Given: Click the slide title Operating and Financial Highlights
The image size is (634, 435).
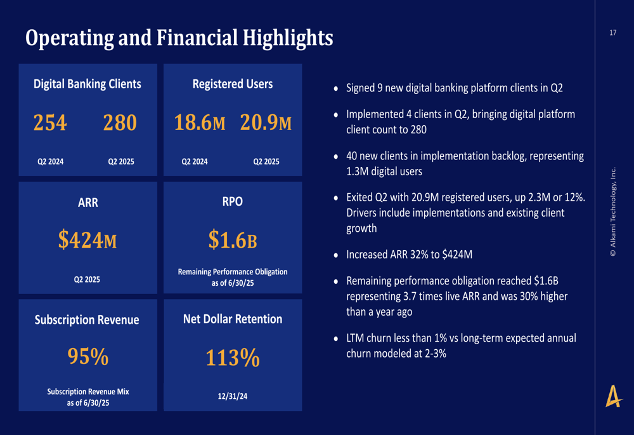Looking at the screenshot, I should [179, 38].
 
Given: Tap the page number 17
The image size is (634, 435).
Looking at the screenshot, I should [612, 32].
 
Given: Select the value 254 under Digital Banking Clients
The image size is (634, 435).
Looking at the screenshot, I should [50, 123].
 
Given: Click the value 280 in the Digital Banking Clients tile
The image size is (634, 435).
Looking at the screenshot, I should [120, 123].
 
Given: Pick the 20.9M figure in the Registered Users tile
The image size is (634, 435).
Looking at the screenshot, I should [266, 123].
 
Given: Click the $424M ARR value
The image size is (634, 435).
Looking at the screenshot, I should [87, 239].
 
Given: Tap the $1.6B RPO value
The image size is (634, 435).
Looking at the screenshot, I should [233, 239].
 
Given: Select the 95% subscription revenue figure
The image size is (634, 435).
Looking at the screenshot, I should [87, 357].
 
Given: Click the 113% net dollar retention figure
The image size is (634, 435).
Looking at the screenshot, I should [233, 358].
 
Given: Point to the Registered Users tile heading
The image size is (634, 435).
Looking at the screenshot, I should [233, 84].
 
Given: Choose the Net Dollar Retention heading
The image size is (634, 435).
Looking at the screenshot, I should [233, 319].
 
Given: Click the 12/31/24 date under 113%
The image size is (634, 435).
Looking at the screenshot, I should [233, 396].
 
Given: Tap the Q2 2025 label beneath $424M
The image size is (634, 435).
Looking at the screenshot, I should [87, 279].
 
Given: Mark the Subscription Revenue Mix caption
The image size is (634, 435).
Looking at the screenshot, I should [87, 396].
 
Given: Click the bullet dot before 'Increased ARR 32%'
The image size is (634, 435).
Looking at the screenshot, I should [336, 255].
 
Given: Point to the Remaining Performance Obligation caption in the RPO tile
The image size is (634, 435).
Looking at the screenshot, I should [233, 277].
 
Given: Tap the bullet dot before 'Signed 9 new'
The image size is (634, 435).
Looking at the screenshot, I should [336, 89].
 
